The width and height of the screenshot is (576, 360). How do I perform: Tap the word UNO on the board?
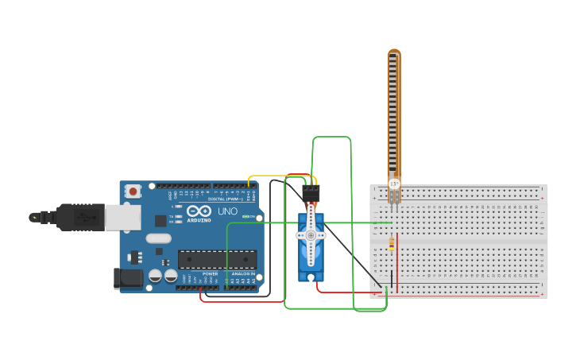tap(228, 211)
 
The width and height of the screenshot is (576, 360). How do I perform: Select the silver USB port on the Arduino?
tap(123, 217)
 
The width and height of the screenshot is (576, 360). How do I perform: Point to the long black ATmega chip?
tap(217, 259)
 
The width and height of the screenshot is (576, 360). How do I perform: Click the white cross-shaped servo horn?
tap(310, 234)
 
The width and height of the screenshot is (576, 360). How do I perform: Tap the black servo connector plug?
tap(311, 193)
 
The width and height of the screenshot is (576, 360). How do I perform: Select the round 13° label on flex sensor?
tap(394, 184)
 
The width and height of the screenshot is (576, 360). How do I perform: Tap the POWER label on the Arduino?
tap(210, 273)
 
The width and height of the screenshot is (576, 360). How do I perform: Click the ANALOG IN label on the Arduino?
tap(243, 273)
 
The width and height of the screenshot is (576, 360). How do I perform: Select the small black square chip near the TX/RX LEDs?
tap(160, 220)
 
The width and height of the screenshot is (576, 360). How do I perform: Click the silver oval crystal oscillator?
tap(158, 238)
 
